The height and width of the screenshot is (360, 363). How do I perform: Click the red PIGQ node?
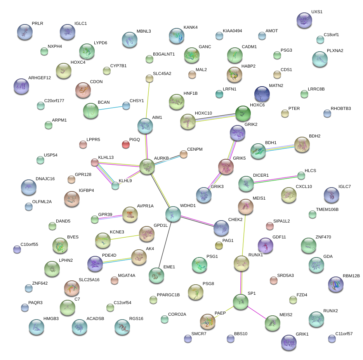(x=125, y=145)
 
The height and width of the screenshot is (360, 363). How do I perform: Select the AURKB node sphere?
(x=147, y=167)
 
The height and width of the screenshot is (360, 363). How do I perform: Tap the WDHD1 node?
(x=173, y=213)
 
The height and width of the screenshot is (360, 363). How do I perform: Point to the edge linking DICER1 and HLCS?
(x=274, y=179)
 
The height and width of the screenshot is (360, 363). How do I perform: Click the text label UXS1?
(x=317, y=12)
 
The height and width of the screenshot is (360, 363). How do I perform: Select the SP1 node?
(x=241, y=301)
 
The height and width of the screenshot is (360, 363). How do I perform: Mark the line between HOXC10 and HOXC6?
(x=215, y=118)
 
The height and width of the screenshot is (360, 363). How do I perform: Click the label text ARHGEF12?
(x=40, y=78)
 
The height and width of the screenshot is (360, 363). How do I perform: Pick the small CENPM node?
(x=184, y=155)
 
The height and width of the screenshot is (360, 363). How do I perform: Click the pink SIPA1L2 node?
(x=270, y=226)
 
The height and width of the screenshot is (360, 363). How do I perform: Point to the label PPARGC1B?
(x=168, y=295)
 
